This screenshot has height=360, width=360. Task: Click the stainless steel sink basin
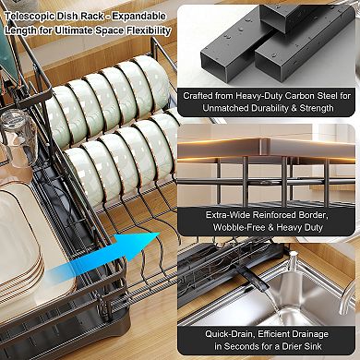[295, 295]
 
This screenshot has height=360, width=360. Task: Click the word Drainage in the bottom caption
[307, 334]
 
